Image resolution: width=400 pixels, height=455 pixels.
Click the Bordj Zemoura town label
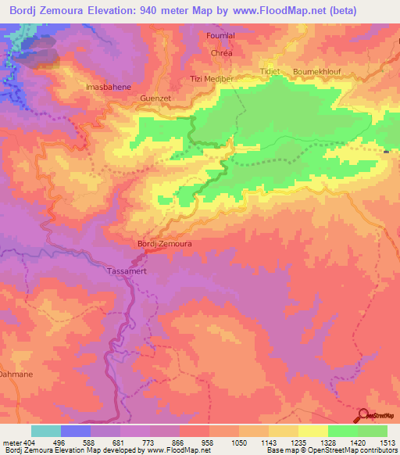coord(165,244)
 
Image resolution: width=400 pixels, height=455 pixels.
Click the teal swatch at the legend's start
coord(46,431)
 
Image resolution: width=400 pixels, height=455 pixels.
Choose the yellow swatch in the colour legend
coord(312,431)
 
